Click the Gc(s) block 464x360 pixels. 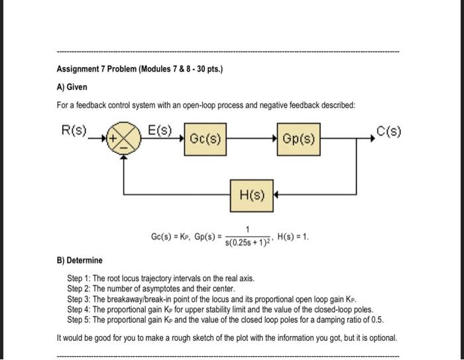coord(205,139)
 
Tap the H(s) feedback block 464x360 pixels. coord(251,194)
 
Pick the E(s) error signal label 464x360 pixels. coord(160,129)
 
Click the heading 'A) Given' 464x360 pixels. coord(72,87)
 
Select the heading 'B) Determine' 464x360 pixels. coord(80,261)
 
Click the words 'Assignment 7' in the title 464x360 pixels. coord(84,68)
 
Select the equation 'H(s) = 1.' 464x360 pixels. coord(293,237)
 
